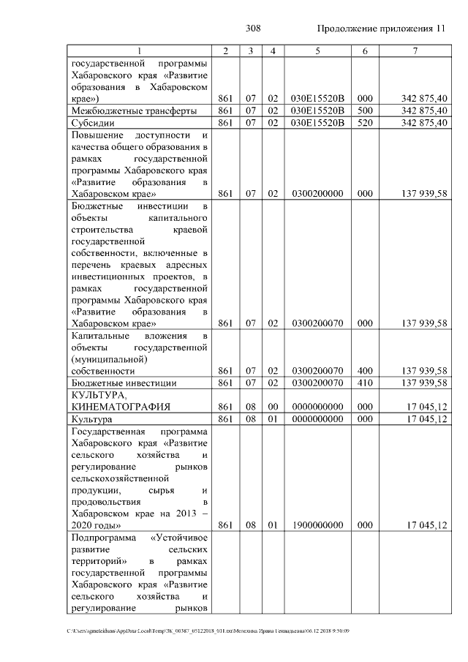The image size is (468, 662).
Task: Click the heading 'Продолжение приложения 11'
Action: (x=381, y=29)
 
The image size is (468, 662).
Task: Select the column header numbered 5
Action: (x=317, y=51)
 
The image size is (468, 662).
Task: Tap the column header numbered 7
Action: (x=415, y=51)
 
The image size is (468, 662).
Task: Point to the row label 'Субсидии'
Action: (x=91, y=123)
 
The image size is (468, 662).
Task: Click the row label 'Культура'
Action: (x=91, y=419)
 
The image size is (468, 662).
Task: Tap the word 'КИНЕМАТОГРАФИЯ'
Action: (x=121, y=407)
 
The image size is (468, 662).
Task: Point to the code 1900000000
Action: (x=317, y=525)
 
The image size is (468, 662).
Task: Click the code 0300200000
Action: (x=317, y=194)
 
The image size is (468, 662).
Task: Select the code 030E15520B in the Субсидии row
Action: (x=317, y=123)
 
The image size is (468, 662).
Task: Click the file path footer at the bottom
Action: (x=208, y=630)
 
